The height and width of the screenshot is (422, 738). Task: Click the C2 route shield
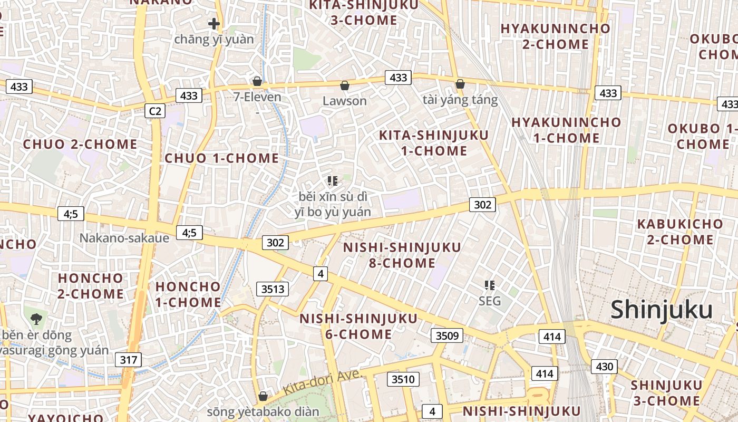pyautogui.click(x=154, y=111)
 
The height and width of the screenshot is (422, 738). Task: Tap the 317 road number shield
pyautogui.click(x=128, y=360)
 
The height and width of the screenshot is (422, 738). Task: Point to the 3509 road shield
pyautogui.click(x=447, y=335)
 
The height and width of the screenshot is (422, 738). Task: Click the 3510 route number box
pyautogui.click(x=404, y=379)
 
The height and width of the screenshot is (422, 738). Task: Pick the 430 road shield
pyautogui.click(x=604, y=367)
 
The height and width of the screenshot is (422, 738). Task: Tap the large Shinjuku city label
pyautogui.click(x=662, y=310)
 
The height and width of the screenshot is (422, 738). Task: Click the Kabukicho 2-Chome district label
pyautogui.click(x=680, y=232)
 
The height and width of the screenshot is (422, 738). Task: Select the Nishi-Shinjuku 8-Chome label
pyautogui.click(x=402, y=255)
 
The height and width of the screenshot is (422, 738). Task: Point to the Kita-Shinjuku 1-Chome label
pyautogui.click(x=434, y=142)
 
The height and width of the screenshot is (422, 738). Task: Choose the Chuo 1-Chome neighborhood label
pyautogui.click(x=222, y=158)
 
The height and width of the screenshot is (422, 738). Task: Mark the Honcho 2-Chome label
pyautogui.click(x=91, y=285)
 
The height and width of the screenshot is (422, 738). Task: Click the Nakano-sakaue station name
pyautogui.click(x=124, y=238)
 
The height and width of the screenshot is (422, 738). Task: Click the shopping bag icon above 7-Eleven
pyautogui.click(x=257, y=81)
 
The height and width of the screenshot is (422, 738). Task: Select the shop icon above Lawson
pyautogui.click(x=345, y=85)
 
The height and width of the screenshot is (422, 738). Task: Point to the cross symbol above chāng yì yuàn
pyautogui.click(x=213, y=24)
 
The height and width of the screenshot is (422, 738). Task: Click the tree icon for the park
pyautogui.click(x=36, y=319)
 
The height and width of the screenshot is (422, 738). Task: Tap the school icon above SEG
pyautogui.click(x=490, y=285)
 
